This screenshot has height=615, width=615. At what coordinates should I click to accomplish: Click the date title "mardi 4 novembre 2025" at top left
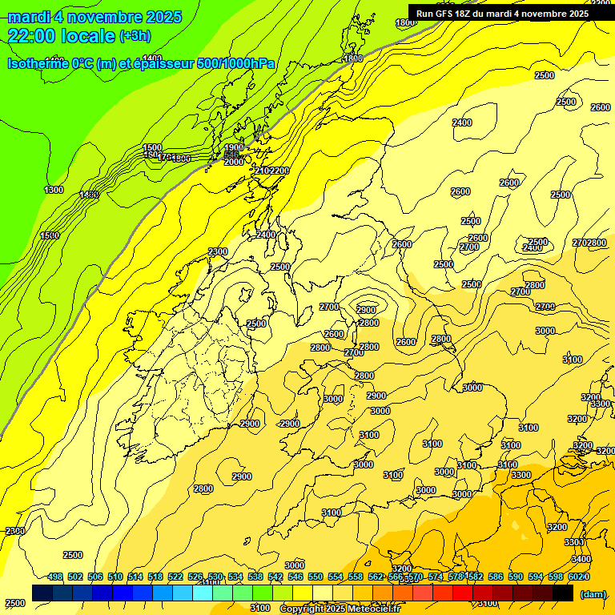click(x=94, y=17)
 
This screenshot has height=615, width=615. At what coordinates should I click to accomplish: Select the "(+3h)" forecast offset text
click(x=134, y=36)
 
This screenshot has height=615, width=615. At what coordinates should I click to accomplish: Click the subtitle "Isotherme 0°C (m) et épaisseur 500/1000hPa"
click(x=141, y=63)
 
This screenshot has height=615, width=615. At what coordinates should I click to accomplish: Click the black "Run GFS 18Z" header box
click(x=502, y=13)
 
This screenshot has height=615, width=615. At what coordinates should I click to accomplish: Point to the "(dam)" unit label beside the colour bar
click(x=593, y=593)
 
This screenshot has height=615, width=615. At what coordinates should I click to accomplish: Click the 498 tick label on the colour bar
click(x=55, y=577)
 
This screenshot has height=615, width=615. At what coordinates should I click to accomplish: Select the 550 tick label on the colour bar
click(x=316, y=577)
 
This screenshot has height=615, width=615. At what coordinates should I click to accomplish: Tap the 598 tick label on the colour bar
click(x=556, y=577)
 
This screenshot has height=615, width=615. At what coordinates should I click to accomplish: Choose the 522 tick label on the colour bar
click(x=175, y=577)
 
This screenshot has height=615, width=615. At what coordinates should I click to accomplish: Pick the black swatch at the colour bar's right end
click(x=563, y=593)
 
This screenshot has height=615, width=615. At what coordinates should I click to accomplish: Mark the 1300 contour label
click(x=54, y=190)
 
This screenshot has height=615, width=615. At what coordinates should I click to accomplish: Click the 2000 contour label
click(x=234, y=162)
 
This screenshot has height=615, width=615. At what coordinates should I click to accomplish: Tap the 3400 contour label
click(x=582, y=559)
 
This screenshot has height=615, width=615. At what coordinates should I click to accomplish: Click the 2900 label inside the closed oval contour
click(x=367, y=310)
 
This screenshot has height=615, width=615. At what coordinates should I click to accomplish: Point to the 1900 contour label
click(x=234, y=148)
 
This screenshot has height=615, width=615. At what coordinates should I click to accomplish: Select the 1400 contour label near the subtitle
click(x=152, y=58)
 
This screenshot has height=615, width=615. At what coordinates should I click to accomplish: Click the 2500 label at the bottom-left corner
click(x=14, y=602)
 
